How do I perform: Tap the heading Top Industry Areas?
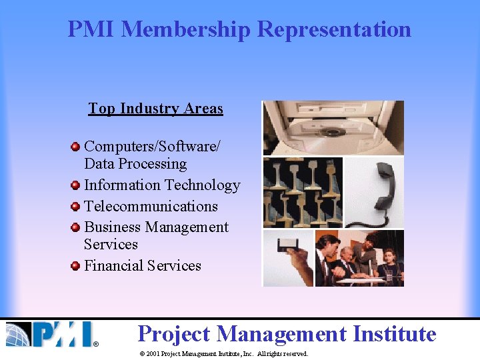click(x=155, y=109)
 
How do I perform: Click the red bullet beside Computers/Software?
click(x=76, y=145)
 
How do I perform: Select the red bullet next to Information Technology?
click(x=76, y=185)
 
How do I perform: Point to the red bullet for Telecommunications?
click(x=76, y=207)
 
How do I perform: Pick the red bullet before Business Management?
click(x=76, y=228)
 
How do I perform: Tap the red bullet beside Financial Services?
click(x=76, y=266)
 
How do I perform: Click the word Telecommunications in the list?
click(x=151, y=207)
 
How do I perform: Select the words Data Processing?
click(x=135, y=164)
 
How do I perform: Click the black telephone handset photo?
click(x=374, y=192)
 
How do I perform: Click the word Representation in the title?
click(x=335, y=29)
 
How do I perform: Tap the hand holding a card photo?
click(x=288, y=258)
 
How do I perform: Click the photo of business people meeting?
click(x=359, y=258)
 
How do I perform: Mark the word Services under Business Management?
click(x=111, y=245)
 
